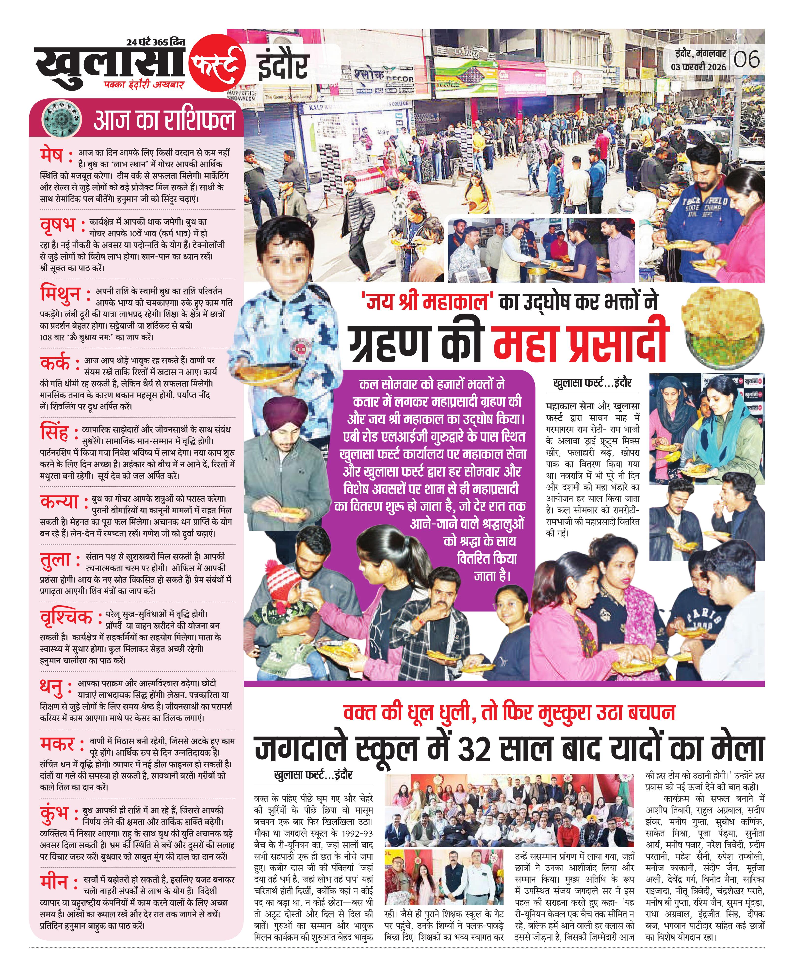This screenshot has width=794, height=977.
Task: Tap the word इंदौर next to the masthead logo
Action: (284, 66)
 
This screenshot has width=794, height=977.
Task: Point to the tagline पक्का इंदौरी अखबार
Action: (143, 85)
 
